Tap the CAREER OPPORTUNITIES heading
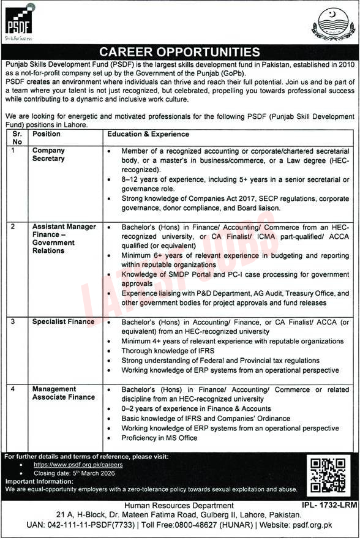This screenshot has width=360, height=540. [x=179, y=52]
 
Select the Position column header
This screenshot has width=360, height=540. [x=47, y=133]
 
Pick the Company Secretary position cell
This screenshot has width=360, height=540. [x=49, y=154]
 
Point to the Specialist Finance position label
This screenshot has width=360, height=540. [x=64, y=321]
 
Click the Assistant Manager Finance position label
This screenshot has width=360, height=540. [x=64, y=239]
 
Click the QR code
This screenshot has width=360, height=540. [x=329, y=476]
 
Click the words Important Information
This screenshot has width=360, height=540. [x=36, y=481]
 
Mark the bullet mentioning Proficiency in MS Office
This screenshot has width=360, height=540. [x=159, y=438]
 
